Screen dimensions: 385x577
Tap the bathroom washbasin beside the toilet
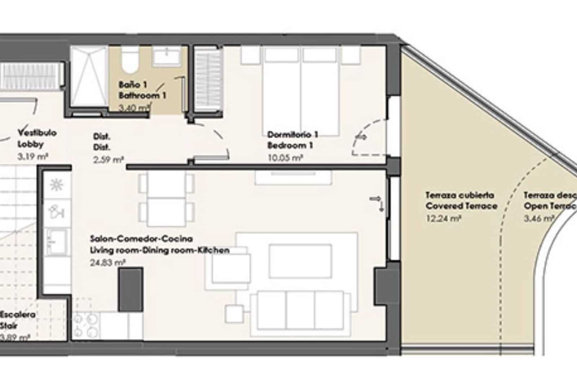(x=167, y=56)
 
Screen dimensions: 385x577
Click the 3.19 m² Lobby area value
(x=33, y=157)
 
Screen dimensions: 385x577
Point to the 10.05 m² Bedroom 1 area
(x=285, y=157)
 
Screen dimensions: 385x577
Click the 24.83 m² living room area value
(x=107, y=263)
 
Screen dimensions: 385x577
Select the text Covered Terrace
(x=461, y=206)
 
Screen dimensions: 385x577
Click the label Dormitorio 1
(x=292, y=135)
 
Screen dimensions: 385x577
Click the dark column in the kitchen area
(x=131, y=289)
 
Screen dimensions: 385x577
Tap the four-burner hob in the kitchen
(x=86, y=325)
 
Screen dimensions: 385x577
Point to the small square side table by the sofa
(x=234, y=314)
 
